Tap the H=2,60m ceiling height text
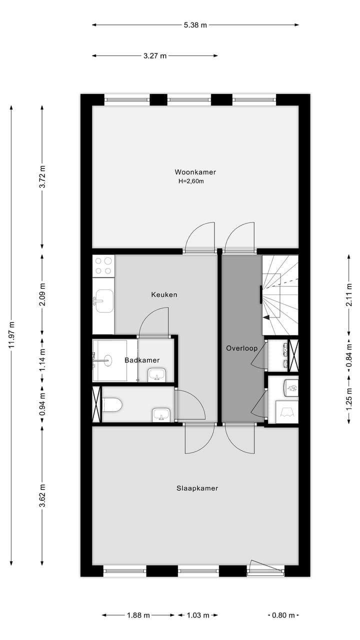(x=191, y=181)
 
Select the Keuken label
(x=164, y=295)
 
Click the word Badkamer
(x=142, y=360)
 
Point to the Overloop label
(x=241, y=348)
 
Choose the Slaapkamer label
(x=197, y=488)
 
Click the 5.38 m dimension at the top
(x=195, y=25)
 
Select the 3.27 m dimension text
(x=155, y=56)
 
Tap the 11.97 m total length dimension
(x=11, y=334)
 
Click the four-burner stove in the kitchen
(x=103, y=265)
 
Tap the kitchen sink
(x=104, y=300)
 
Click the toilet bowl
(x=111, y=405)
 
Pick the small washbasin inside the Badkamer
(x=157, y=374)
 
